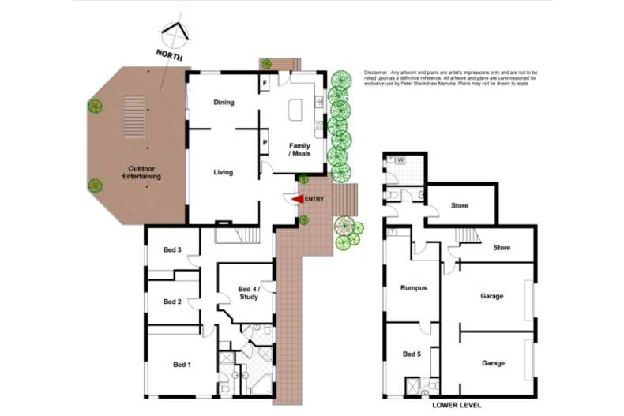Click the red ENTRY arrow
click(x=297, y=200)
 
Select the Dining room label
click(x=224, y=103)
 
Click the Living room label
click(x=224, y=171)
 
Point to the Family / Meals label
click(x=299, y=149)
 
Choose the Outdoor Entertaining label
click(x=143, y=173)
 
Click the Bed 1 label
click(x=182, y=364)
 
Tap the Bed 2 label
click(x=173, y=302)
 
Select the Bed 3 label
click(x=173, y=250)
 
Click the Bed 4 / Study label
click(x=248, y=292)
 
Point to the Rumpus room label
click(x=413, y=288)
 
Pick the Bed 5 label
click(x=411, y=354)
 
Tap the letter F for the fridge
click(x=265, y=82)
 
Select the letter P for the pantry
click(x=265, y=142)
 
